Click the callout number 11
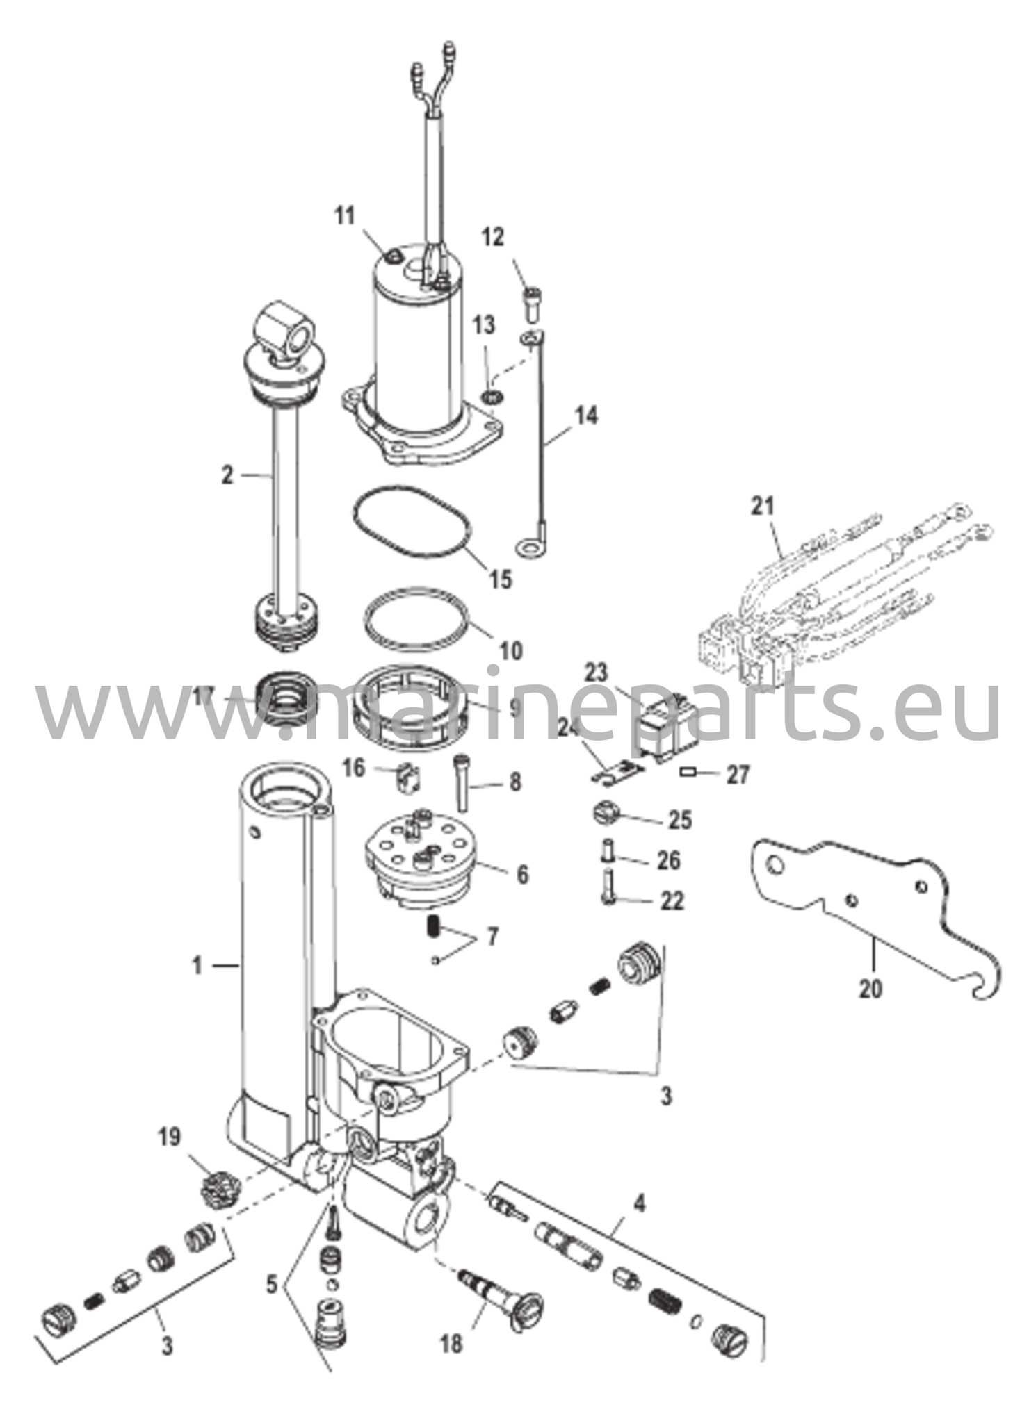[344, 217]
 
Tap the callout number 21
[762, 506]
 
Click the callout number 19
[169, 1137]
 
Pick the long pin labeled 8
[462, 782]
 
